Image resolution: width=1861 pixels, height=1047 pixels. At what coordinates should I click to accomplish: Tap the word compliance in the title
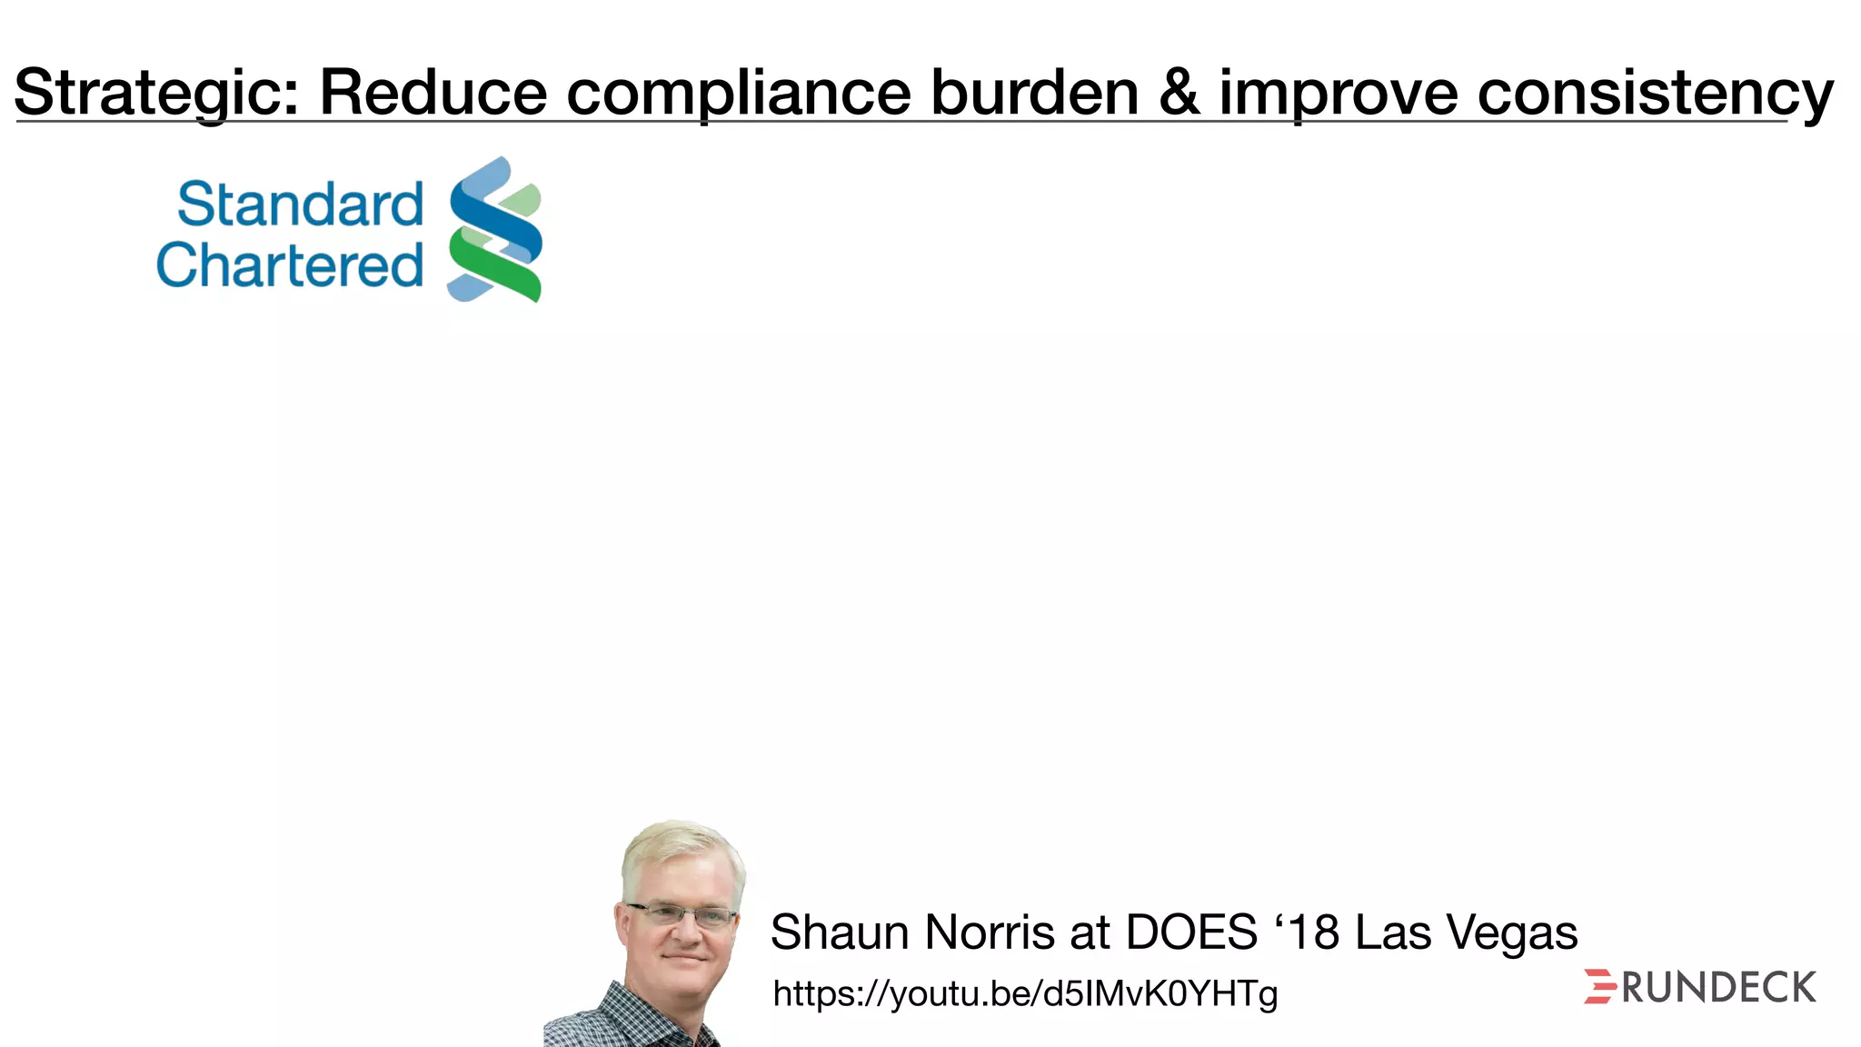pos(739,93)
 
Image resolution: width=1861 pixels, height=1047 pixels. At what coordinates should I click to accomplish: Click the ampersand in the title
pos(1179,93)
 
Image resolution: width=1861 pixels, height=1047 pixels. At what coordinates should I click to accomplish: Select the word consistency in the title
pos(1655,93)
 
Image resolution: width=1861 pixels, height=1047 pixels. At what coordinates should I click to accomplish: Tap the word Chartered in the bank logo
pos(290,265)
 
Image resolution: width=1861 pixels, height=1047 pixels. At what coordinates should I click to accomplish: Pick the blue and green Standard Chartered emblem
pos(495,229)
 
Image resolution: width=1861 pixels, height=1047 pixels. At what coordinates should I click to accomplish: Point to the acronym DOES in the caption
pos(1191,932)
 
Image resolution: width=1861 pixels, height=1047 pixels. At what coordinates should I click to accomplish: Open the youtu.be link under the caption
pos(1025,993)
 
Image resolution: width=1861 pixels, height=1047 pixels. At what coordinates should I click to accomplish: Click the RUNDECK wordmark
pos(1718,988)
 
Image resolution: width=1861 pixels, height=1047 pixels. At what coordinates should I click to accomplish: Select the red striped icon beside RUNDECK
pos(1599,987)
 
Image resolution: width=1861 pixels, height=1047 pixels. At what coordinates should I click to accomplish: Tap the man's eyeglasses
pos(682,915)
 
